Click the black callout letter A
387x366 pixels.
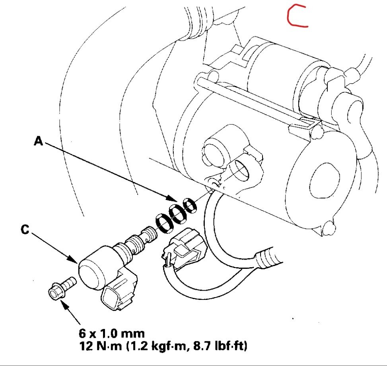pos(39,141)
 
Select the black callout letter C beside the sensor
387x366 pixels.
pos(25,230)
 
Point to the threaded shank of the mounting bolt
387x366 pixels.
pos(68,284)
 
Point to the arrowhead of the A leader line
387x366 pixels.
pos(173,198)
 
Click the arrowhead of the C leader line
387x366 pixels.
pos(76,261)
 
